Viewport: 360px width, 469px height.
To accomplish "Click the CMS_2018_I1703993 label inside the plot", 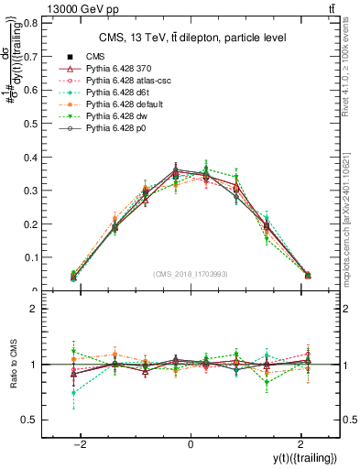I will tap(191, 274).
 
